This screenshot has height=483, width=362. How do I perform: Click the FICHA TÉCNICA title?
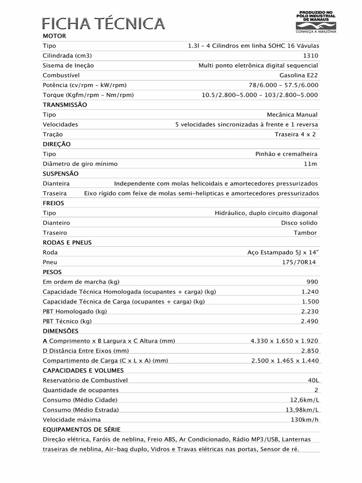coord(104,23)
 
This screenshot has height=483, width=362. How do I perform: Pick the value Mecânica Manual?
coord(292,115)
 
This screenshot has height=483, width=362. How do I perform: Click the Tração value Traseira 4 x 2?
coord(295,134)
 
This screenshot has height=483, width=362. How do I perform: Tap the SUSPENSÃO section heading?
coord(60,174)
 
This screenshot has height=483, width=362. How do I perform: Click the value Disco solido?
coord(299,223)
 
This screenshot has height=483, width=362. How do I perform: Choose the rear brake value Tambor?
coord(305,233)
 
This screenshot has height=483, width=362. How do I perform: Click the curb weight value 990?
coord(312,282)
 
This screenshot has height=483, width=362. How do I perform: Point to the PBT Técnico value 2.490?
coord(310,321)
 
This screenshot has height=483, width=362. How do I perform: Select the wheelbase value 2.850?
coord(310,351)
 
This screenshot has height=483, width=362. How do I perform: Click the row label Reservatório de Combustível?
coord(85,380)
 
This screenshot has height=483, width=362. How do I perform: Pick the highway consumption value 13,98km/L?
coord(302,409)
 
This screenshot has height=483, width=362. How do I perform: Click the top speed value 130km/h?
coord(304,419)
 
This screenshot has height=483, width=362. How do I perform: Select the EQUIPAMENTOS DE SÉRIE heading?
coord(81,429)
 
